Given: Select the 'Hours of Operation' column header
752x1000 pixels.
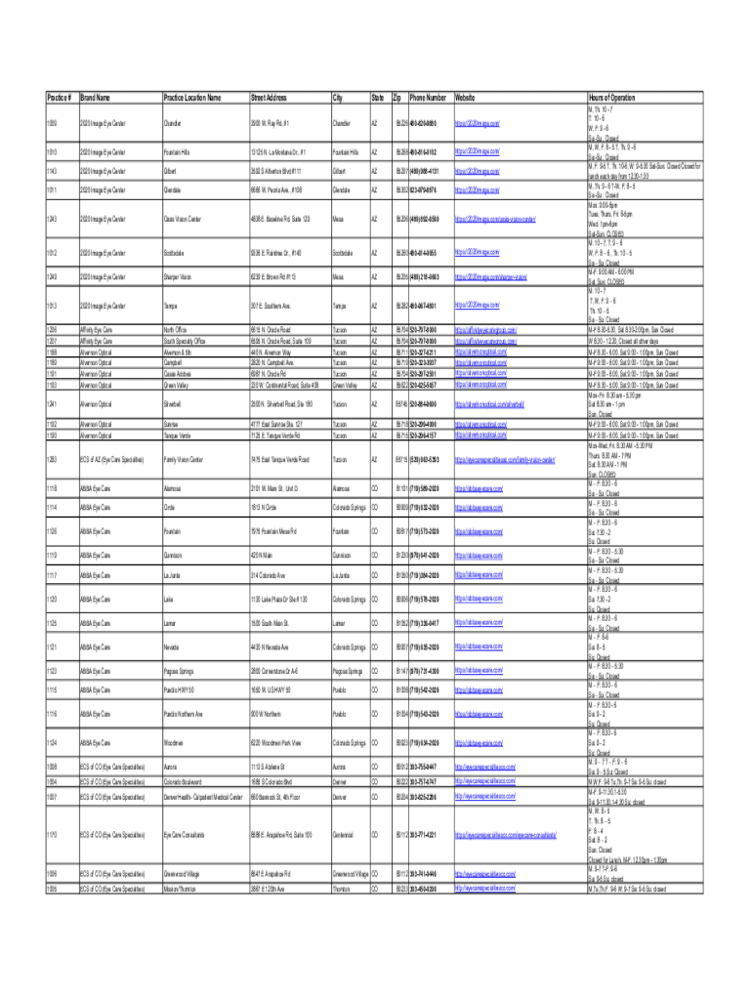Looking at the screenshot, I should (x=611, y=98).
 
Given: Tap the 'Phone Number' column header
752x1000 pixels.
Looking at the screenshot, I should (x=428, y=98).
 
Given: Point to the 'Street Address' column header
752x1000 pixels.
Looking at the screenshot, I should (x=269, y=98).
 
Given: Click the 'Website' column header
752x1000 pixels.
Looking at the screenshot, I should (x=465, y=98).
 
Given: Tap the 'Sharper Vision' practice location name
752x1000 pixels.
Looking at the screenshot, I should (x=179, y=277).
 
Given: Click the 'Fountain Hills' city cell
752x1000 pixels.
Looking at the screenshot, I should (x=349, y=152).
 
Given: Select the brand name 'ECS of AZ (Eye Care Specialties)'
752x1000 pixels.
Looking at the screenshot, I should (x=110, y=459).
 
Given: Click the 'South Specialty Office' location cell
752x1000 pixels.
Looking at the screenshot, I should (x=185, y=342).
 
